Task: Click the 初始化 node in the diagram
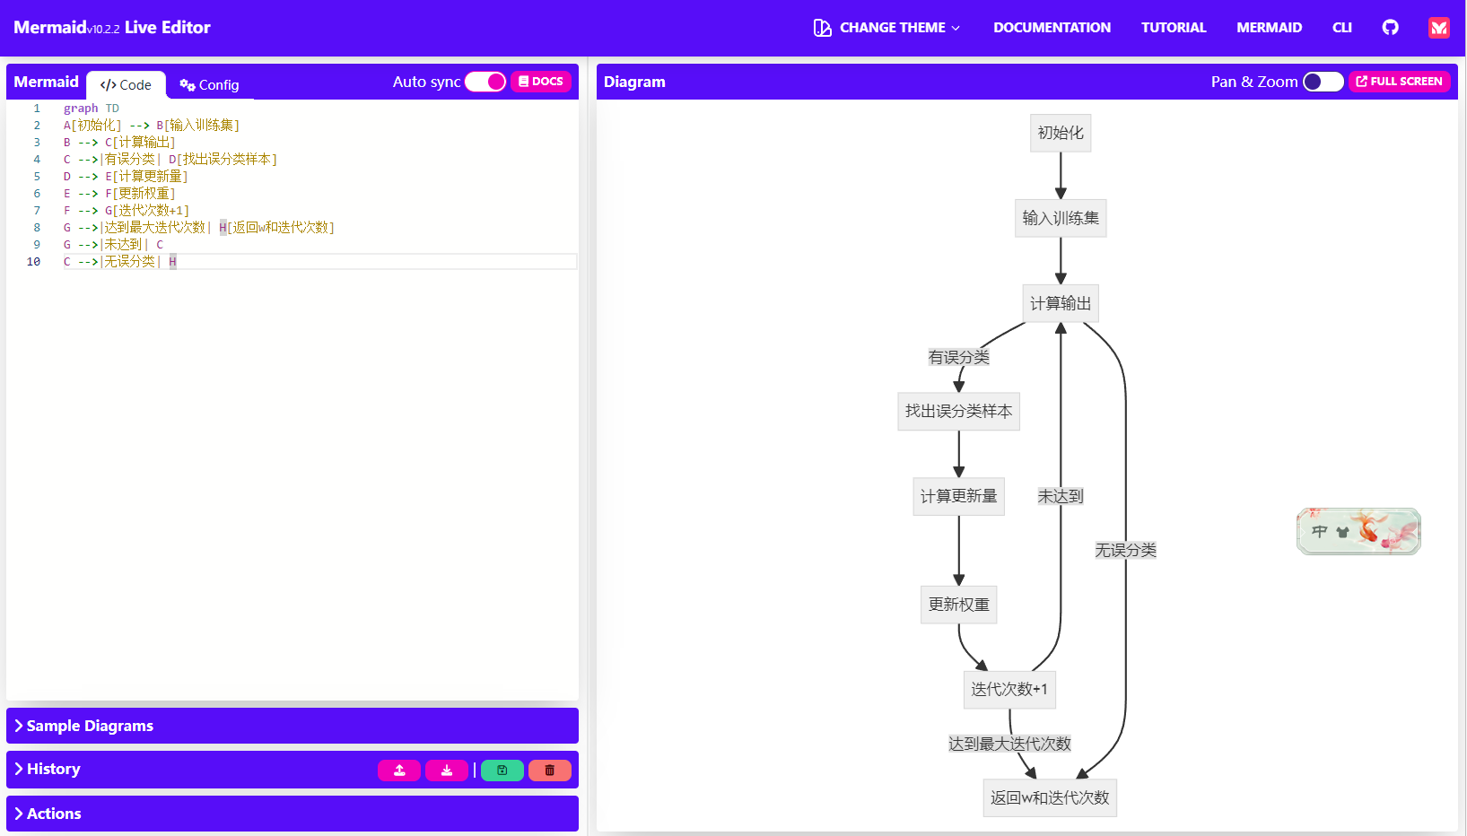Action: coord(1061,133)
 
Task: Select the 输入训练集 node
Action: coord(1061,218)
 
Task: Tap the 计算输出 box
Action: coord(1061,303)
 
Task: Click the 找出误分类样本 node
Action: coord(958,411)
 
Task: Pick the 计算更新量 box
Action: coord(958,496)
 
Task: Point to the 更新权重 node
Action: coord(958,605)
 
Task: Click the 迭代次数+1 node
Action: coord(1009,689)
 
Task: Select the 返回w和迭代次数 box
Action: coord(1050,797)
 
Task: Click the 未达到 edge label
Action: coord(1061,496)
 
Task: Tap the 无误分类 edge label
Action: coord(1125,550)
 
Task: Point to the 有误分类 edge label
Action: coord(958,357)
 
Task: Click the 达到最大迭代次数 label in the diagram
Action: coord(1009,744)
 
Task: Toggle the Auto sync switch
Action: coord(485,82)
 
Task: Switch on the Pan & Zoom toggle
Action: coord(1323,82)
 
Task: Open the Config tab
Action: coord(209,85)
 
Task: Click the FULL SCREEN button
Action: coord(1399,82)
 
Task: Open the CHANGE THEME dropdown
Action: coord(886,28)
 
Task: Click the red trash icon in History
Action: coord(550,770)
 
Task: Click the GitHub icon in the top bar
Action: coord(1390,28)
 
